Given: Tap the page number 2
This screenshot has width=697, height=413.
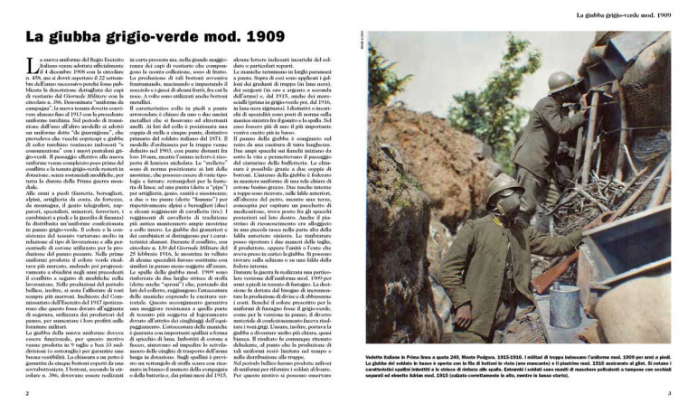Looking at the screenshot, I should click(28, 394).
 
